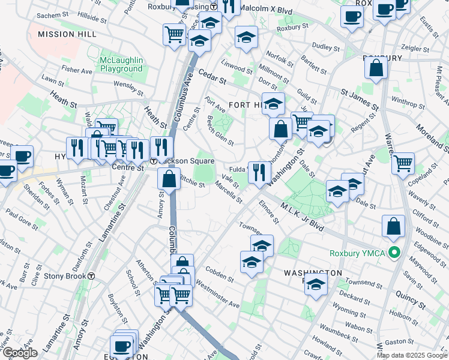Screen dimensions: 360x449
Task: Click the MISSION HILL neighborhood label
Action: point(67,34)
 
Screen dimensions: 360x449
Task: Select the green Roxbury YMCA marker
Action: point(394,253)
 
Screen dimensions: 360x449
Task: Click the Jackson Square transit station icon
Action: point(154,161)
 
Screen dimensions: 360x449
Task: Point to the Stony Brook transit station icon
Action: point(91,276)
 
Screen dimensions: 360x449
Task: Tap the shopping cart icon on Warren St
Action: point(403,162)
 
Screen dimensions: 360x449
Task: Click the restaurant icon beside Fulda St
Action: point(259,172)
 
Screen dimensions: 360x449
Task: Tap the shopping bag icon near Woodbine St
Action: point(394,226)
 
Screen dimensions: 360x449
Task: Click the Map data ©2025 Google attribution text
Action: point(412,355)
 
